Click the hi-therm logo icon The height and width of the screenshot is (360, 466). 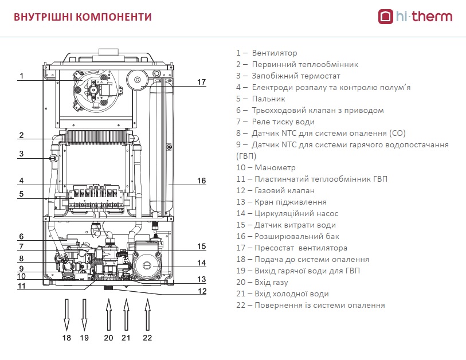(x=385, y=17)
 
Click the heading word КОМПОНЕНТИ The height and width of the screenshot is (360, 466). (x=113, y=17)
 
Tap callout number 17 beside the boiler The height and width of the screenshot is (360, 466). (x=202, y=82)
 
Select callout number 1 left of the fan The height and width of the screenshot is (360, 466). (x=21, y=76)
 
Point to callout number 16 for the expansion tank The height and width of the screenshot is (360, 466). (x=202, y=181)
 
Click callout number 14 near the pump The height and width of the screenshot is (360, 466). (x=202, y=263)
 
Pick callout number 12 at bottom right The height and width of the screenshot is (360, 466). (x=202, y=291)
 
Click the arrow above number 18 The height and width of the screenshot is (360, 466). (x=66, y=315)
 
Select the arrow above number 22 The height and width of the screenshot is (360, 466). (x=147, y=315)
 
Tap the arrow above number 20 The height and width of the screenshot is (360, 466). (x=109, y=315)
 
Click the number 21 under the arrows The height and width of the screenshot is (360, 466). (x=126, y=338)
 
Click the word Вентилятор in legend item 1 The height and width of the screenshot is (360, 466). (x=275, y=53)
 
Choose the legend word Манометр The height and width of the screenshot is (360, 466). (x=275, y=167)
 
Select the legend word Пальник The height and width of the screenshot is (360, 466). (x=268, y=99)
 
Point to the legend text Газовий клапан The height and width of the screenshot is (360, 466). (x=284, y=190)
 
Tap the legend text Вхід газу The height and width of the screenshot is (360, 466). (x=271, y=283)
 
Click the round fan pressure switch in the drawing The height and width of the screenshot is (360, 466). (x=138, y=80)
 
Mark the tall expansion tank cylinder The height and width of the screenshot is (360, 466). (x=161, y=147)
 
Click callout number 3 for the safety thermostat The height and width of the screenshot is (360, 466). (x=21, y=154)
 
